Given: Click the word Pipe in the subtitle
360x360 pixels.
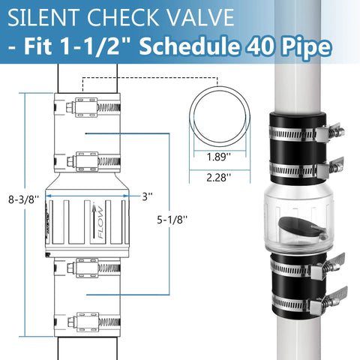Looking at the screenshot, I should coord(302,48).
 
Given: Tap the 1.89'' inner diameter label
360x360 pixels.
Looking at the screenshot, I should coord(217,158).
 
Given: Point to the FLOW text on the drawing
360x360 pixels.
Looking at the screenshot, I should coord(97,222).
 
